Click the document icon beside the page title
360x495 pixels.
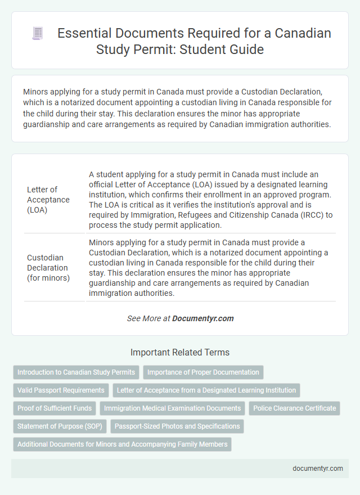(38, 34)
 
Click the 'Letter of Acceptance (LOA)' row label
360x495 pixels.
(48, 200)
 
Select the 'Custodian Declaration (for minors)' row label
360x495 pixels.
(48, 268)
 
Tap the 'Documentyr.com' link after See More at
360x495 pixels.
(202, 318)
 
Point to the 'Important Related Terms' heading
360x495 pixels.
(180, 353)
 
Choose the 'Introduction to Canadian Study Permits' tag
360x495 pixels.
(76, 372)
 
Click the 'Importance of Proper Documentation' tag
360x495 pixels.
(203, 372)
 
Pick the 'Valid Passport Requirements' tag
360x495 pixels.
(61, 390)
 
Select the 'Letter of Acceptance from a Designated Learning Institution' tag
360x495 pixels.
(206, 390)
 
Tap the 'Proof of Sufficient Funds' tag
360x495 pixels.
(54, 408)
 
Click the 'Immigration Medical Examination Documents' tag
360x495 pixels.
(173, 408)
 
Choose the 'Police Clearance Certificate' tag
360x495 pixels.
(294, 408)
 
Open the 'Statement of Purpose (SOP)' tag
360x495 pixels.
(60, 426)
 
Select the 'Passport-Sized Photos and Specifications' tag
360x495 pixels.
(177, 426)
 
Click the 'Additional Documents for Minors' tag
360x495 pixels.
(122, 444)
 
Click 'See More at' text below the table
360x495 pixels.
(148, 318)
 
